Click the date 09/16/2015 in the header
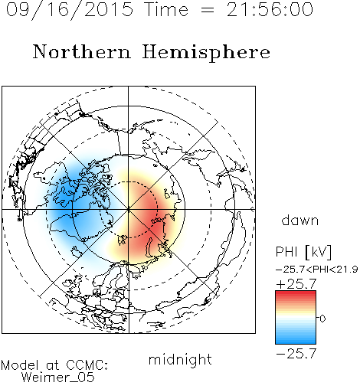click(70, 10)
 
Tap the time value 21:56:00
click(270, 9)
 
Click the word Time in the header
click(166, 9)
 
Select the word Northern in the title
click(81, 51)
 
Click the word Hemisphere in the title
click(206, 53)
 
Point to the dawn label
click(300, 220)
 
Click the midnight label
click(180, 359)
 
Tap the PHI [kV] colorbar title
click(303, 252)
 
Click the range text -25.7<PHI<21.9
click(316, 270)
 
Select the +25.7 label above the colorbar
click(296, 284)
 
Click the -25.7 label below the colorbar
click(296, 354)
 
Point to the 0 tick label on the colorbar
click(322, 319)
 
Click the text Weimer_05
click(57, 378)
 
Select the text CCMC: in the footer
click(87, 365)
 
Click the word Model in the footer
click(20, 365)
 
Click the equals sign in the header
click(208, 10)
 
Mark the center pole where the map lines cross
click(129, 209)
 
